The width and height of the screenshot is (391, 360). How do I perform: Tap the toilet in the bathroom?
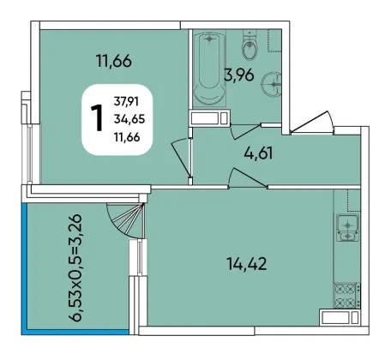[x=250, y=45]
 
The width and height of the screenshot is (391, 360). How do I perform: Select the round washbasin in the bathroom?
[x=271, y=84]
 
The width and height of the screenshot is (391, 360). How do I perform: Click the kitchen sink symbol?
[x=348, y=227]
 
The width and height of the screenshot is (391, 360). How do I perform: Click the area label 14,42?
[x=247, y=264]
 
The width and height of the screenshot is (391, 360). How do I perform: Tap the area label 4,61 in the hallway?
[x=258, y=153]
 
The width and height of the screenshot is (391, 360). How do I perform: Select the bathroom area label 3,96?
[x=239, y=75]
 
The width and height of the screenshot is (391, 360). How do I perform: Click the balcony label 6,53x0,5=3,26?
[x=77, y=267]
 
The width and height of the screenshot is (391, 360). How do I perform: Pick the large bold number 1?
[x=97, y=118]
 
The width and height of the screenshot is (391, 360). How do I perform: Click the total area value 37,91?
[x=126, y=101]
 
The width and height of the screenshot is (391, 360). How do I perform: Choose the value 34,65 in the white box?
[x=129, y=119]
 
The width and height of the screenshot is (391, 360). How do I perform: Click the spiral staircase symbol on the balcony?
[x=126, y=220]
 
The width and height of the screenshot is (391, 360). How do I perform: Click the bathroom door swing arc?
[x=246, y=131]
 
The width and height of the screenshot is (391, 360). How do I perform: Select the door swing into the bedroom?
[x=181, y=157]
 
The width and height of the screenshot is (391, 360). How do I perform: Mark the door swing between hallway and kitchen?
[x=248, y=177]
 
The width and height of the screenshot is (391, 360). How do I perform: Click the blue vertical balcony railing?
[x=24, y=268]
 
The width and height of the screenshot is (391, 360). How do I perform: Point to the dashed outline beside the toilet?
[x=274, y=40]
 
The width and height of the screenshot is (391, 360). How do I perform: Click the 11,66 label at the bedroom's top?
[x=114, y=61]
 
